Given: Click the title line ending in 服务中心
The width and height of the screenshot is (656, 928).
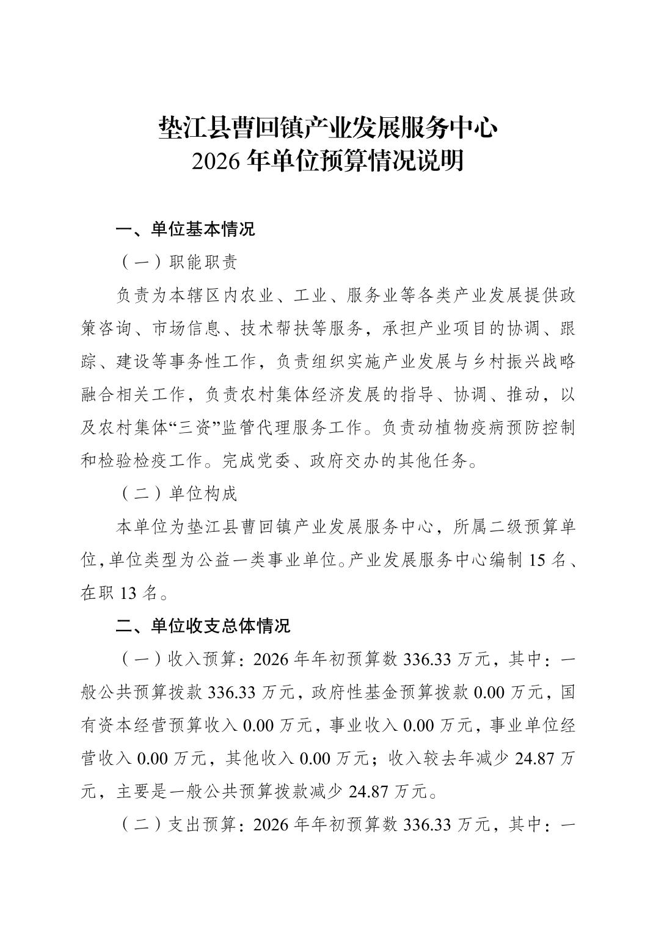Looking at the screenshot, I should tap(327, 128).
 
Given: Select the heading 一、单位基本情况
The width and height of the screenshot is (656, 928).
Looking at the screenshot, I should tap(185, 230).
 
